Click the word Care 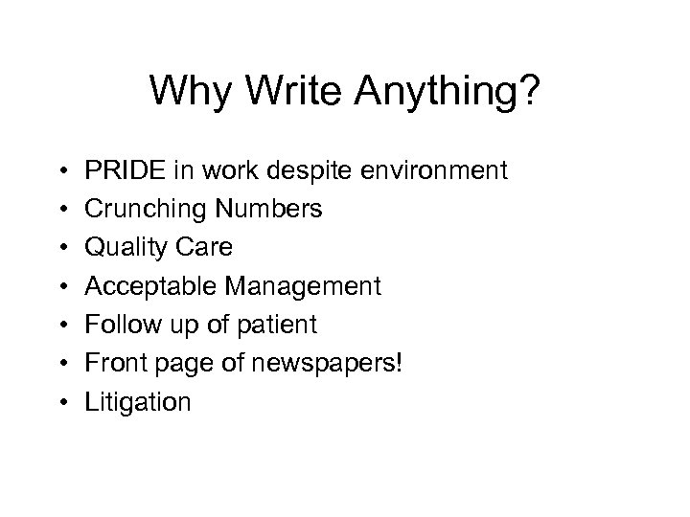200,248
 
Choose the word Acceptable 143,286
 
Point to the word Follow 117,325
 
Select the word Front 113,363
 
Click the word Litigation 138,402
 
